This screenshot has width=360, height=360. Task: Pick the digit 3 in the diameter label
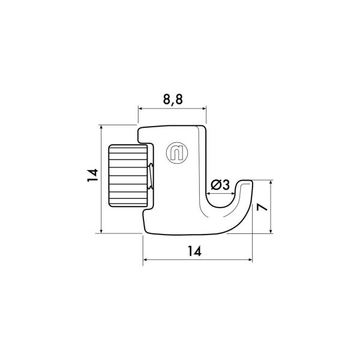pyautogui.click(x=226, y=185)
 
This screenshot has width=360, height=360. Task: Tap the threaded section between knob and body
pyautogui.click(x=151, y=177)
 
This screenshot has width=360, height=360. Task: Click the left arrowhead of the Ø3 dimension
pyautogui.click(x=208, y=193)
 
